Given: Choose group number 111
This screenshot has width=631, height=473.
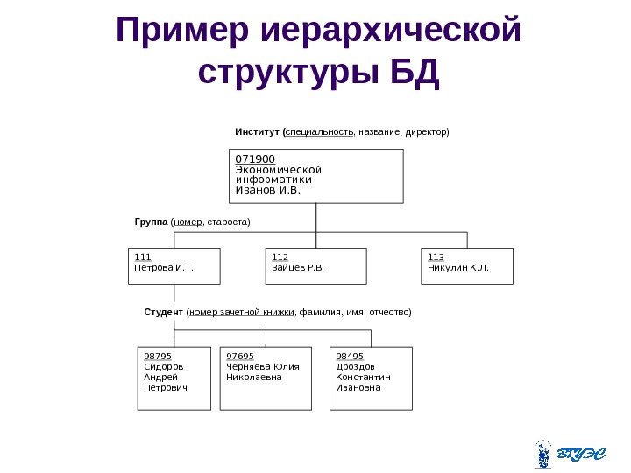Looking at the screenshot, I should coord(141,258).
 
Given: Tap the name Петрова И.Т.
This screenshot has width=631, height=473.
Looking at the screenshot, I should coord(162,267).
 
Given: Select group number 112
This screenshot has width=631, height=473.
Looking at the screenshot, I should coord(280,258).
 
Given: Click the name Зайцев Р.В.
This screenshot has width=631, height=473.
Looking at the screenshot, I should coord(297,267).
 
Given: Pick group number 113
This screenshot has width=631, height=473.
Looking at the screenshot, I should coord(436,258).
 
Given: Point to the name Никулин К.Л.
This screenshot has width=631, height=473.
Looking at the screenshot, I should coord(457,267).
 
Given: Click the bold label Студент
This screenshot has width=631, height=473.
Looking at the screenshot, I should coord(163,312).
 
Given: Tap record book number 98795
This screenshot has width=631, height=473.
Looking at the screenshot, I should coord(157,357).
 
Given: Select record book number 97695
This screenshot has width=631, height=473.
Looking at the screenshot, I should coord(239,357).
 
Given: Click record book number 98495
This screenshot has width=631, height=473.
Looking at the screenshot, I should coord(350,357).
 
